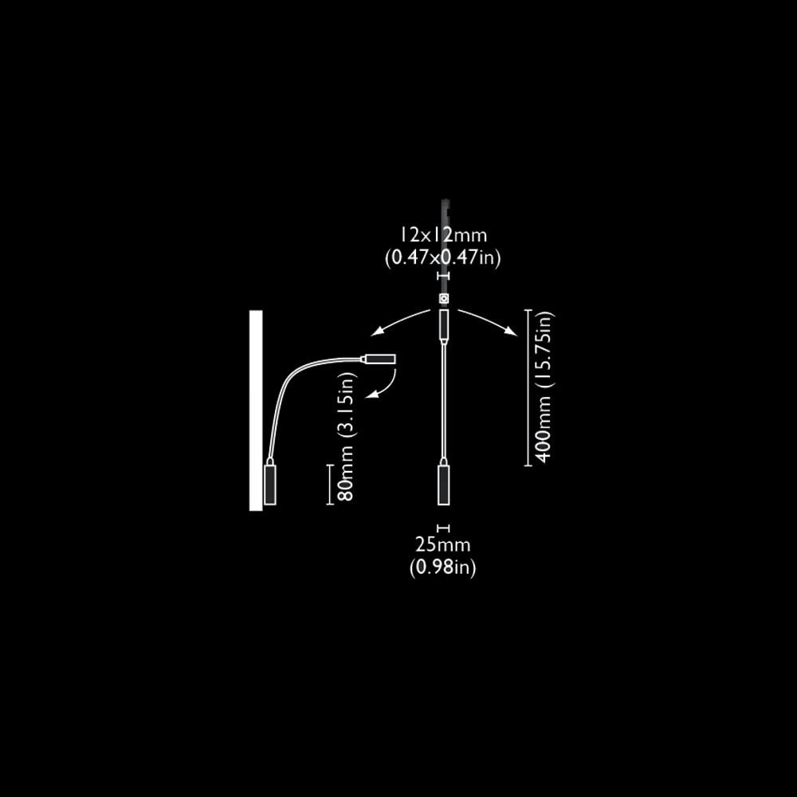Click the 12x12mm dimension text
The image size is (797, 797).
443,235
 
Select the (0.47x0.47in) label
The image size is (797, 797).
443,257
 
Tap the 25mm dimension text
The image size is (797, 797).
443,546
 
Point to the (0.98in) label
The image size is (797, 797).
443,567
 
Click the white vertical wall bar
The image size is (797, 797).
256,410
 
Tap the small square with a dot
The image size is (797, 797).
444,298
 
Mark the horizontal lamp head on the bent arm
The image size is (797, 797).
381,359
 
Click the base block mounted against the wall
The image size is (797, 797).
270,485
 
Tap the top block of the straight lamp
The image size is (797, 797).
444,324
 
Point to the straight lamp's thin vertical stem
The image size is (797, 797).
444,398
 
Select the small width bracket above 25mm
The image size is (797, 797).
444,528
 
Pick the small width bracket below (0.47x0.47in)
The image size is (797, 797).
444,276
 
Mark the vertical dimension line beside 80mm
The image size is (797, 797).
328,485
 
